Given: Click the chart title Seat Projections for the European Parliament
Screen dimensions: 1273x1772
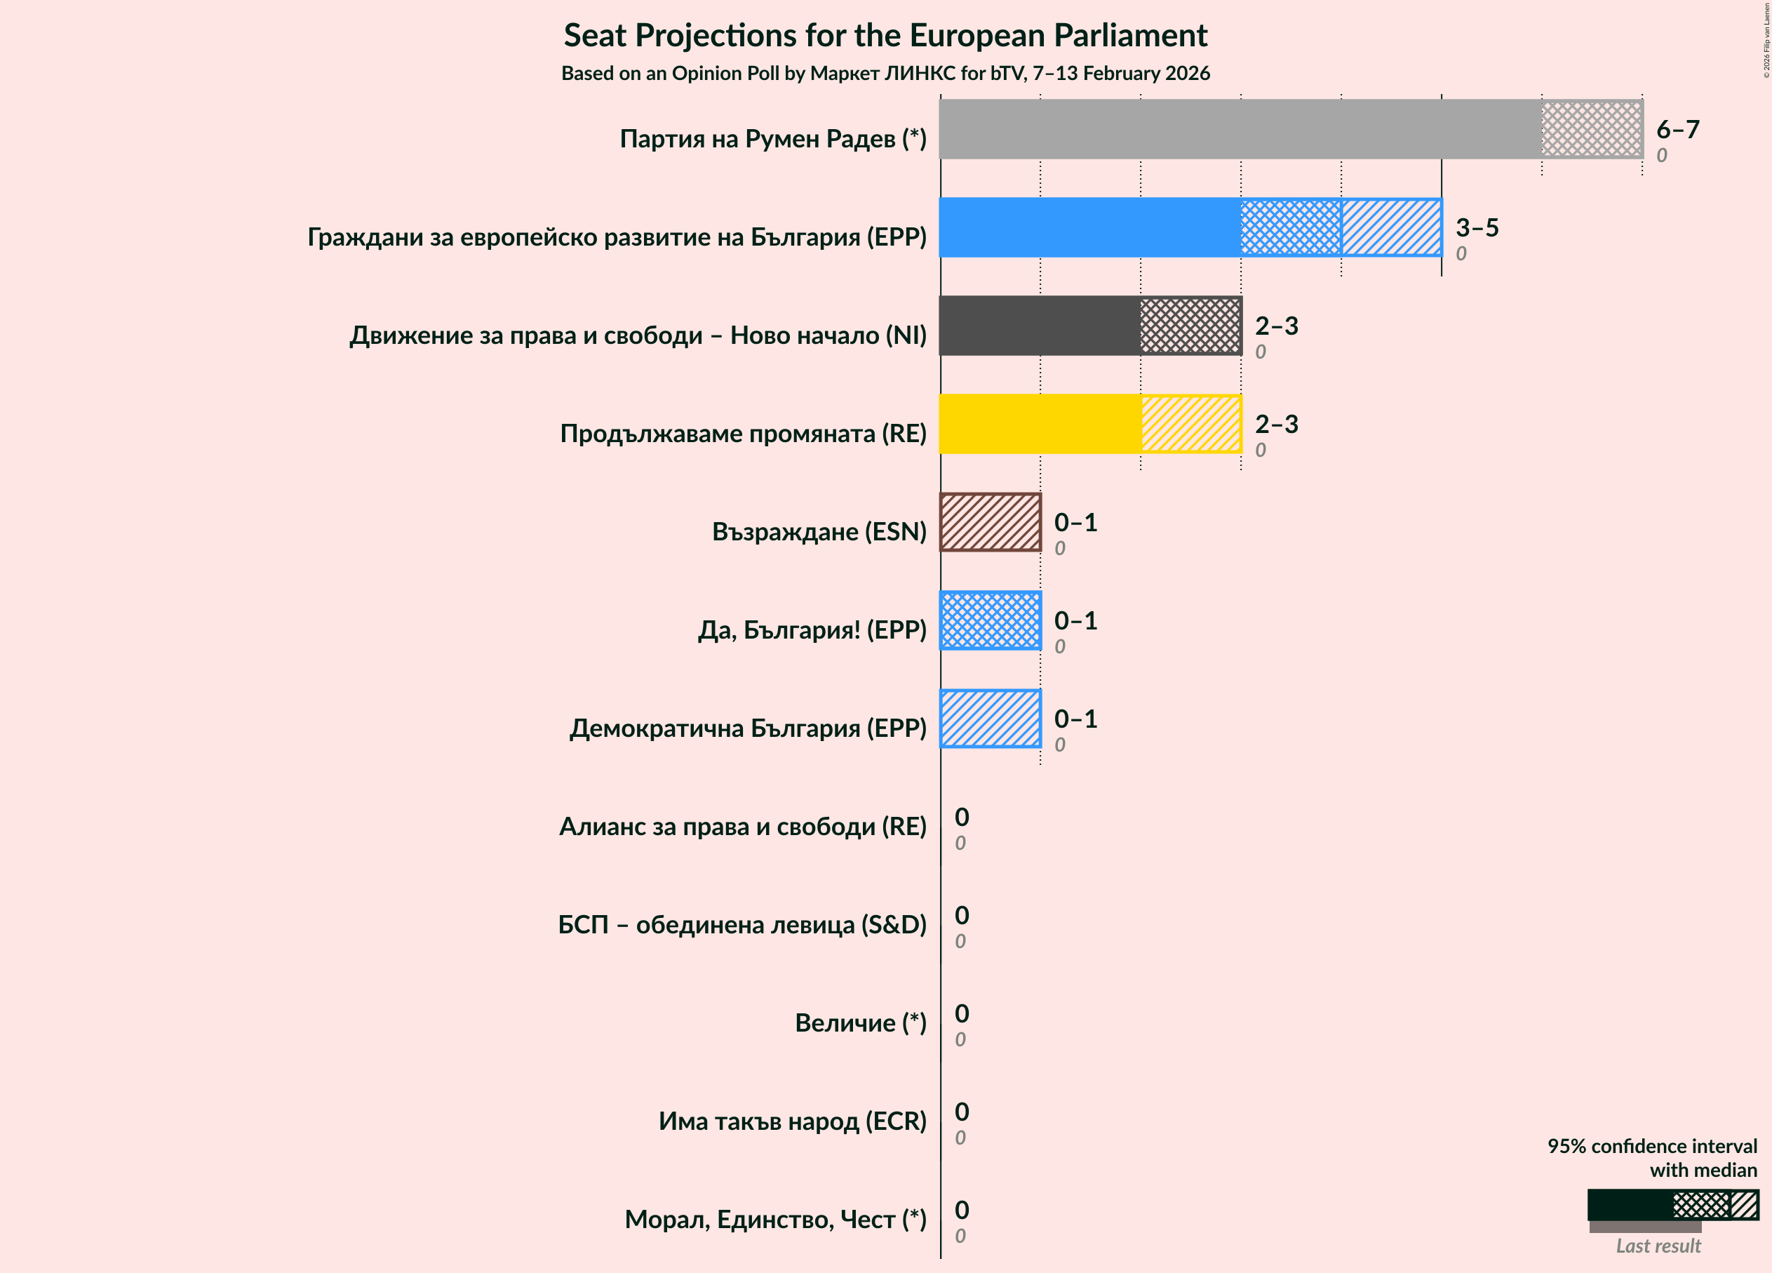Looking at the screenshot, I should pos(885,36).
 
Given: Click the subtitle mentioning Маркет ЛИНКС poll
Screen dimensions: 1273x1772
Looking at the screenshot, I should pos(885,74).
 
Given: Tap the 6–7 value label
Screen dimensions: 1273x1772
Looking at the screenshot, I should pos(1677,129).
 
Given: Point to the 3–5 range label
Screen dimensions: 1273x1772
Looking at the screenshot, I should pos(1476,227).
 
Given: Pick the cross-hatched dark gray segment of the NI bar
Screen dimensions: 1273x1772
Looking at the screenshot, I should pos(1190,326).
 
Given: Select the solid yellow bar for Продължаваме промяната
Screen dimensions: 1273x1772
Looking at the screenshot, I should pos(1039,424).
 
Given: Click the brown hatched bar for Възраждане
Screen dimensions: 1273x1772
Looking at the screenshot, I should pos(990,522).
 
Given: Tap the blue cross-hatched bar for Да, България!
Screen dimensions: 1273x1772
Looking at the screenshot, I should pos(990,620).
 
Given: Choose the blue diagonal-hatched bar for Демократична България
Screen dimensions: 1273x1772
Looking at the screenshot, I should pos(990,719).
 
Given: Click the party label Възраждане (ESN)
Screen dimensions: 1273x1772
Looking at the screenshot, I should pos(818,531).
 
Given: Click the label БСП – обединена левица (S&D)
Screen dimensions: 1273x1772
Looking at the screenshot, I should pos(741,924).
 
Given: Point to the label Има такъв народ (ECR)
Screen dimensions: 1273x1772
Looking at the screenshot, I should pos(791,1121).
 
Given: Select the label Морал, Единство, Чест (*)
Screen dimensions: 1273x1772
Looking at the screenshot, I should pos(774,1219).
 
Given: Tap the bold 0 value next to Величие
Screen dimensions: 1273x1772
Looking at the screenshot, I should pos(962,1013).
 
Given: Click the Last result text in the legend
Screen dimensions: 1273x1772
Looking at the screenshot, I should pos(1657,1246).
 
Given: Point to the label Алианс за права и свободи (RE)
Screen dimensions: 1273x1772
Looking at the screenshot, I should pos(742,826).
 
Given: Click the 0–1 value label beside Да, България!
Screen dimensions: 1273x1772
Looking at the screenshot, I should pos(1075,620).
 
